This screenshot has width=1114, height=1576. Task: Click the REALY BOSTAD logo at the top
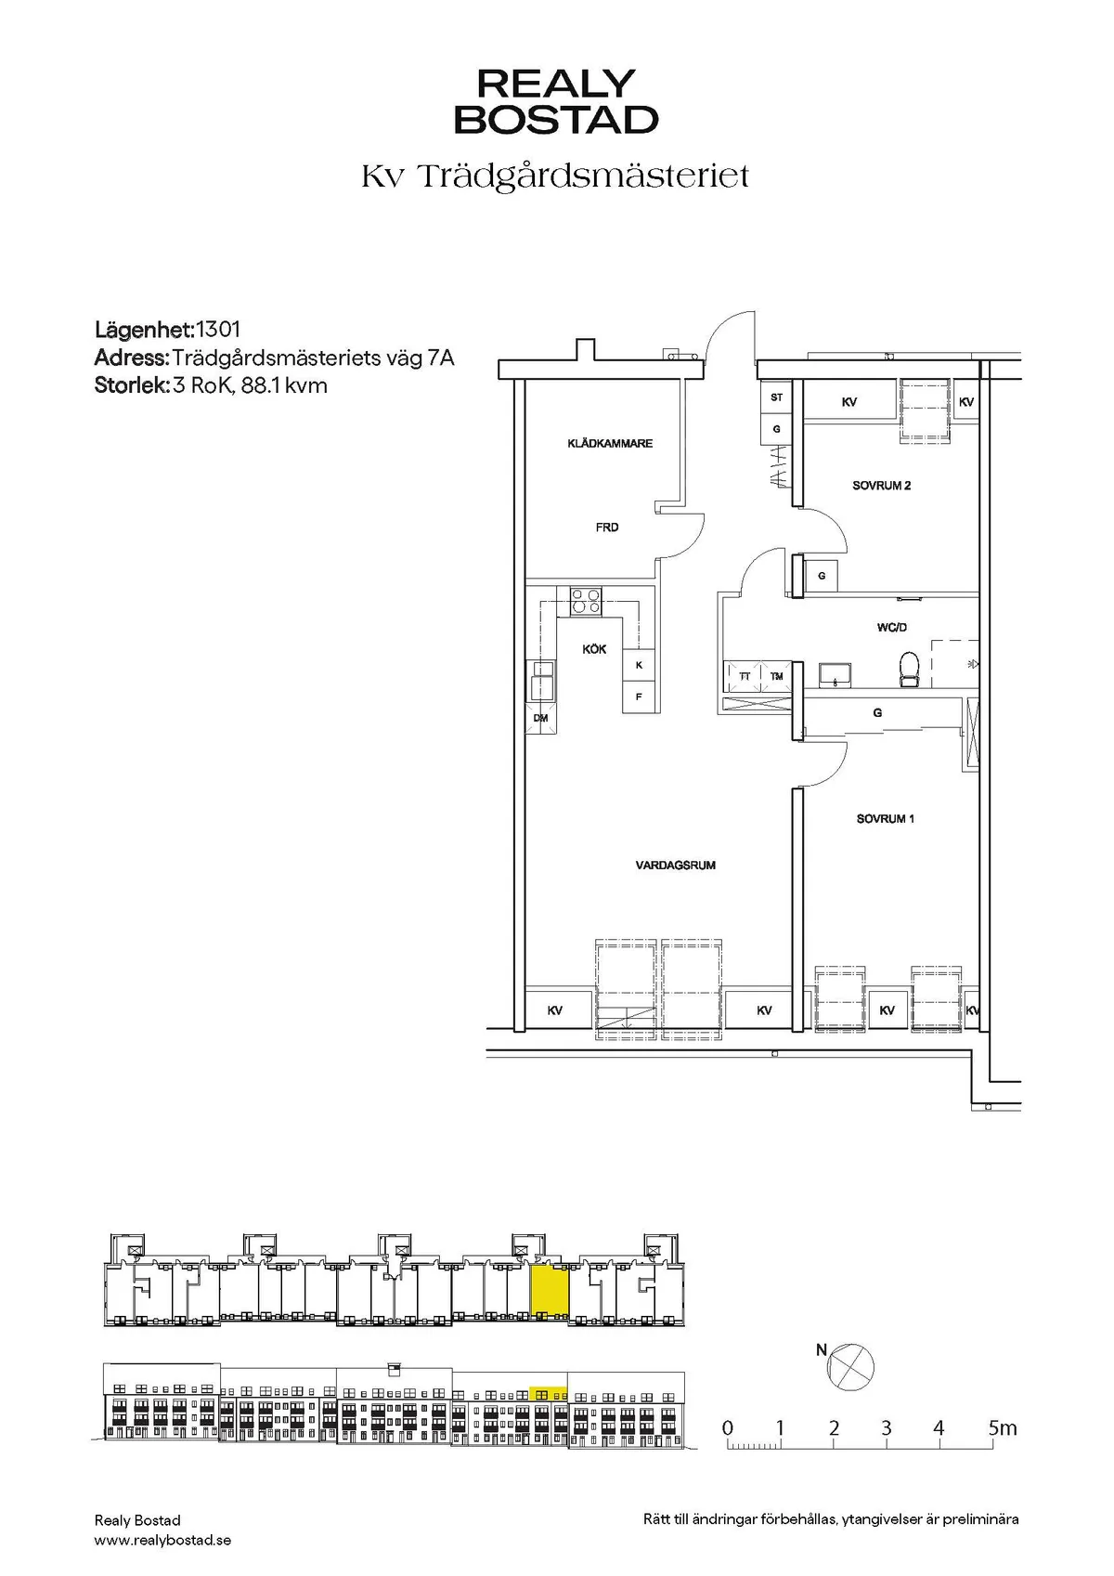tap(556, 101)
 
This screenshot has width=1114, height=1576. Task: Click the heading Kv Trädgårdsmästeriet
tap(555, 176)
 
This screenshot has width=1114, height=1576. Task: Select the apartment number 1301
tap(218, 329)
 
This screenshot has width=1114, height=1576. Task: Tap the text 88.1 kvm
tap(284, 385)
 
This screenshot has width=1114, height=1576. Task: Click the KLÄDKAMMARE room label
tap(610, 444)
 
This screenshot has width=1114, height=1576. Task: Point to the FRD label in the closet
tap(607, 528)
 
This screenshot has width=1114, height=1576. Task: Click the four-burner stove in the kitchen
tap(585, 601)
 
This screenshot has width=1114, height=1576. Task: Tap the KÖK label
tap(594, 649)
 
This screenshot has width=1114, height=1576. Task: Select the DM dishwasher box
tap(540, 718)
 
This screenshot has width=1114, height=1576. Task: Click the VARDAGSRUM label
tap(675, 866)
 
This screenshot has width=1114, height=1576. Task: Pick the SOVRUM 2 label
tap(881, 486)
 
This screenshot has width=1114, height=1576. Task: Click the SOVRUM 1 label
tap(885, 819)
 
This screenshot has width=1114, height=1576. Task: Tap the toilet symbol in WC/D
tap(909, 670)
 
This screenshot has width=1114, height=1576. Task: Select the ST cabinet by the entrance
tap(776, 397)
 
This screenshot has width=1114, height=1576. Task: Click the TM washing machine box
tap(776, 676)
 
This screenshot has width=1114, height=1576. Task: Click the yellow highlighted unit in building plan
tap(549, 1289)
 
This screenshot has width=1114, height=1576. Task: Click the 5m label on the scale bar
tap(1002, 1428)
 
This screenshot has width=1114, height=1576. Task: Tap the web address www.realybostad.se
tap(162, 1540)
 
